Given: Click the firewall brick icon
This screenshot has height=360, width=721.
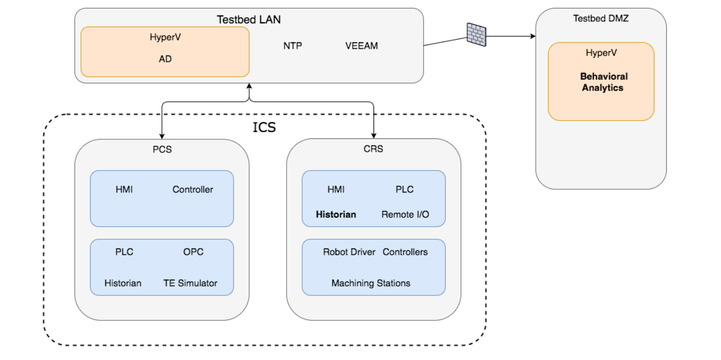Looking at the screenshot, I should (476, 35).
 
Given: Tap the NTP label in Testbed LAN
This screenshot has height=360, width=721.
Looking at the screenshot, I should (292, 46).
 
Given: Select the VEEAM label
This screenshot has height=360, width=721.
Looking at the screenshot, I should (362, 46).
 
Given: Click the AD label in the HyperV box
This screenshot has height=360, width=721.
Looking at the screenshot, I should (165, 59).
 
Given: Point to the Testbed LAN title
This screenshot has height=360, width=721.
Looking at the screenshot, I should (249, 20).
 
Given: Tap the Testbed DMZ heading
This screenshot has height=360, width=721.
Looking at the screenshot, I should (601, 18).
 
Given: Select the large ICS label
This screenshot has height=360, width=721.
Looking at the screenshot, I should (264, 127).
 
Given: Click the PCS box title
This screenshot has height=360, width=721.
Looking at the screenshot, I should (162, 149).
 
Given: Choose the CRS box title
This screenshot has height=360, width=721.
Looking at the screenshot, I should (374, 149).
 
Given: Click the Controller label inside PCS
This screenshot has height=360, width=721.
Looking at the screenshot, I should (192, 190).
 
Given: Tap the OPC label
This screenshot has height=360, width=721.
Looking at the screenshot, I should (193, 252).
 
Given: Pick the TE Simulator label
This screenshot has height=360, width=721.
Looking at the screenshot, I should (190, 284).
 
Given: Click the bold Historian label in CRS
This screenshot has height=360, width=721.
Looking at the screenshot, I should (336, 215).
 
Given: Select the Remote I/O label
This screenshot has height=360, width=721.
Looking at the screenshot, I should (405, 215).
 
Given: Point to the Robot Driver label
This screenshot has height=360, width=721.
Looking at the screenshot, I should (349, 252).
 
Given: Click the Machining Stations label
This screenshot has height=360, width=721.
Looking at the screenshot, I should (371, 284).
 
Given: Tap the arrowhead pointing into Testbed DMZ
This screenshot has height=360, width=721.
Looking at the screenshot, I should (533, 36).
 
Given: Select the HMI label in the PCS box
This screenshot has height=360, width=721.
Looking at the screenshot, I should (124, 190).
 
